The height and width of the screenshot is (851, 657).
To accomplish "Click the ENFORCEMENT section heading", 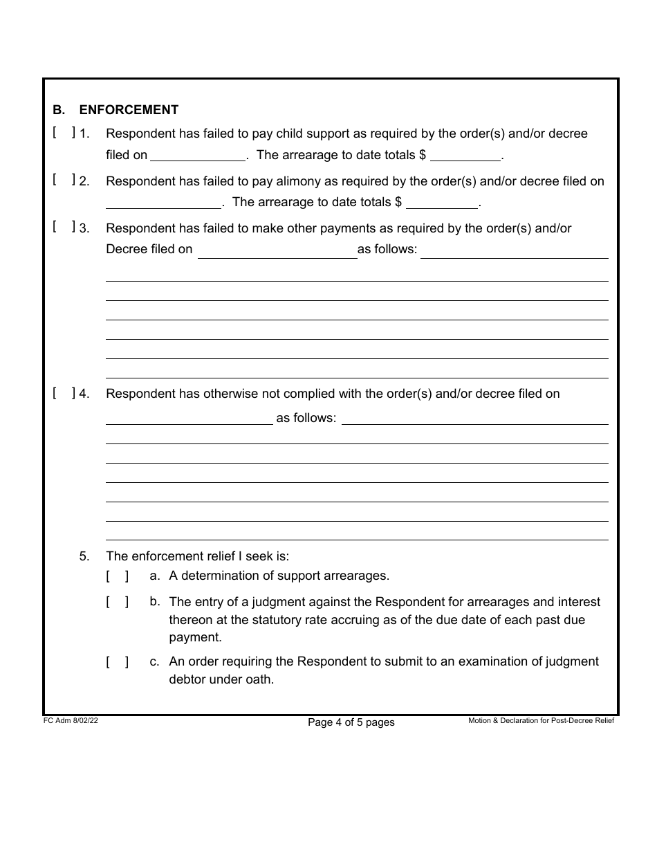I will [x=129, y=110].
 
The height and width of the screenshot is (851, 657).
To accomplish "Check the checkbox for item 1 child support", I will [x=64, y=133].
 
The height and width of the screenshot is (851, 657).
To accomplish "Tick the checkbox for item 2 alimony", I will [x=64, y=181].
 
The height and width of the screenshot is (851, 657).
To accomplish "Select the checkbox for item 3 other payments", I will [x=64, y=228].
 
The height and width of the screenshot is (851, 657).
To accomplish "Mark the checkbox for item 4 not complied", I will [x=64, y=394].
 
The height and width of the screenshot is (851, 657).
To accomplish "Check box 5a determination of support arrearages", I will [x=118, y=576].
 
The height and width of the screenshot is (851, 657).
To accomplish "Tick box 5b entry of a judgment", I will [x=118, y=602].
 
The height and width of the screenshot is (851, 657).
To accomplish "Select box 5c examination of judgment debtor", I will [x=118, y=662].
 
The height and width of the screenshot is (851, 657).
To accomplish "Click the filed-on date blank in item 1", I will [x=198, y=155].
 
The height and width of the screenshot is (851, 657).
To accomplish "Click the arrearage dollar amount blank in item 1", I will [x=465, y=155].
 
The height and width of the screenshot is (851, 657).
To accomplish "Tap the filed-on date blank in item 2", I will [x=163, y=203].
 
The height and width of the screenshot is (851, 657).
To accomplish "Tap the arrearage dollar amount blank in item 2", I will [x=442, y=203].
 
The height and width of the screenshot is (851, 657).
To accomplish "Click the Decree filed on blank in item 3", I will [x=277, y=250].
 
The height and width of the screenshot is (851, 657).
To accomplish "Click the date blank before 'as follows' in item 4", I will [x=189, y=418].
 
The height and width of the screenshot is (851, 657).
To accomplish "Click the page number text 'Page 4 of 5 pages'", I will [x=351, y=722].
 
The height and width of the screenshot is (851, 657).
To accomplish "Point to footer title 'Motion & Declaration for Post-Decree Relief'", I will [x=541, y=721].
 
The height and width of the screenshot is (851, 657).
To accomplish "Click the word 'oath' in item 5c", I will [x=259, y=679].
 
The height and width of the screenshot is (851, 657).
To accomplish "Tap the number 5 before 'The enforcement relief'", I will [x=84, y=556].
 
